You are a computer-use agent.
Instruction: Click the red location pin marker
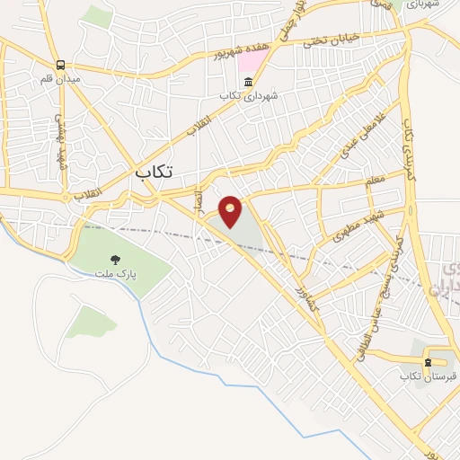click(231, 211)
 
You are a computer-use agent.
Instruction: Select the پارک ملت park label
click(112, 272)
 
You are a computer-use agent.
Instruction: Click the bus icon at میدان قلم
click(60, 66)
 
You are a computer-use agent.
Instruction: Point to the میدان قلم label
click(60, 79)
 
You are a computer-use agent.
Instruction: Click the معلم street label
click(374, 182)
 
